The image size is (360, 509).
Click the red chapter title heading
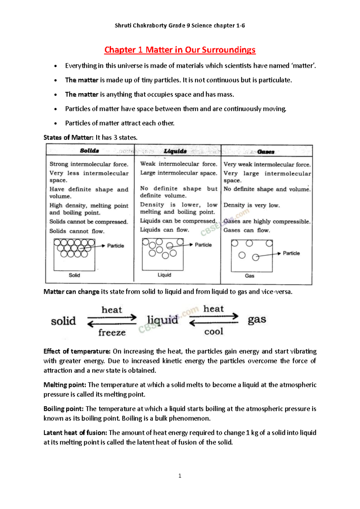coord(180,50)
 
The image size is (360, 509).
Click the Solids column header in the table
coord(89,151)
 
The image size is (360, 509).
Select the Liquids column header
coord(175,151)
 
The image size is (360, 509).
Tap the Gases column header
coord(266,152)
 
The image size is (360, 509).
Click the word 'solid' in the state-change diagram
coord(63,321)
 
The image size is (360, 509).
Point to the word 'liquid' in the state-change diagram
coord(163,320)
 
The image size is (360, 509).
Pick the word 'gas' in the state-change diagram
coord(257,320)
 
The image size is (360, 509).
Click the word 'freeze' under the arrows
coord(112,333)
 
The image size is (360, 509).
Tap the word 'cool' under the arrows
coord(214,332)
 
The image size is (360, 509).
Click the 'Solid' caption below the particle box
coord(74,275)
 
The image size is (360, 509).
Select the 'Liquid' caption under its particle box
coord(164,275)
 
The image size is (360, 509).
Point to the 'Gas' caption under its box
coord(250,276)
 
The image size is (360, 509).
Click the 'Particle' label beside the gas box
coord(291,253)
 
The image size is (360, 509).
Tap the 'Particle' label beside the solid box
coord(115,246)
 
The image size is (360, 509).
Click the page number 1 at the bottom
coord(180,476)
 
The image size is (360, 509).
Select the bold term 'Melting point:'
coord(65,385)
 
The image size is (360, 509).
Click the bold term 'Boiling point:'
coord(64,409)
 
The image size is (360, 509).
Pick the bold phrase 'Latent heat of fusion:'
coord(75,433)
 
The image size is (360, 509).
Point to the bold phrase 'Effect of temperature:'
coord(77,351)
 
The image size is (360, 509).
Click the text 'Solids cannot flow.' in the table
coord(77,231)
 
